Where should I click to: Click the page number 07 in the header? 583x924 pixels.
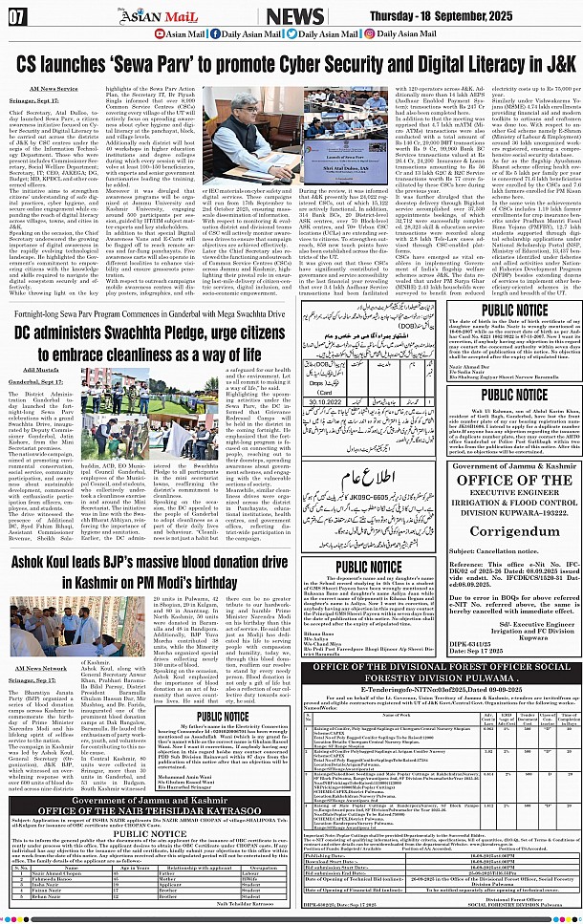17,15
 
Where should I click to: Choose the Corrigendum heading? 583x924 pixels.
502,526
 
